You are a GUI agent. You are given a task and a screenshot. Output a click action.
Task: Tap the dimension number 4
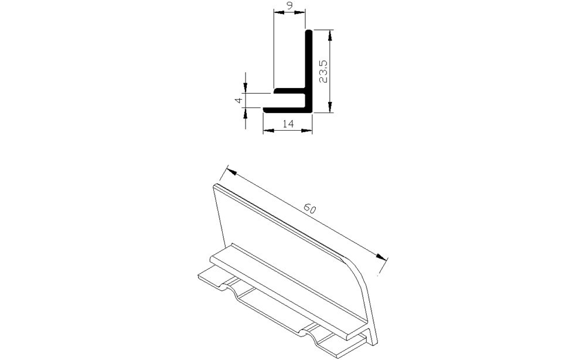tap(238, 100)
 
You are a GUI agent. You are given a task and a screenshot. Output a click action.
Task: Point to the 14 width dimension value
tap(287, 124)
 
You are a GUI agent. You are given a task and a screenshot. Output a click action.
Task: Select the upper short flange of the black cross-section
tap(289, 92)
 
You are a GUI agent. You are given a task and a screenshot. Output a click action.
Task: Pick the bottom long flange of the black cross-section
tap(284, 110)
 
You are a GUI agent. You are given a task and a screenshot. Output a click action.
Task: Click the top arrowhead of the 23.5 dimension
tap(331, 36)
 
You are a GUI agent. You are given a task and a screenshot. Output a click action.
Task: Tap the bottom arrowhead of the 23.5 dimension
tap(331, 106)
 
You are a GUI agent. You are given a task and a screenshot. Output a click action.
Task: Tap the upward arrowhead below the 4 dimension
tap(246, 112)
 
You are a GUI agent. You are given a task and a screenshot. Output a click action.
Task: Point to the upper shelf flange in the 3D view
tap(287, 287)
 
